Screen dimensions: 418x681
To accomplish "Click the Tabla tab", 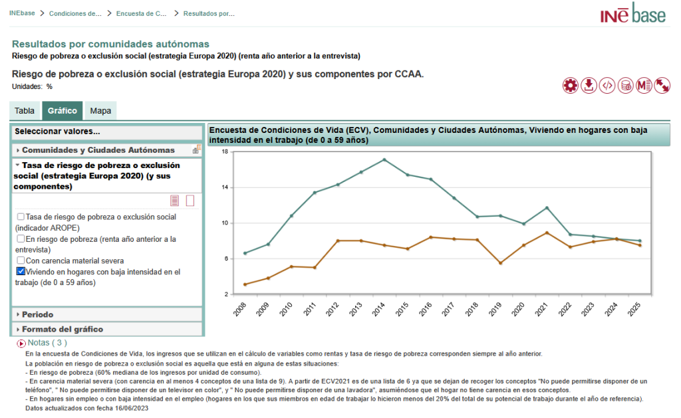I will click(25, 111).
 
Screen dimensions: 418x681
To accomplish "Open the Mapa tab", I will click(100, 111).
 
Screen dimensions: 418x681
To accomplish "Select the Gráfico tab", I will click(63, 111).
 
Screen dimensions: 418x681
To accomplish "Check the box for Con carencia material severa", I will click(21, 261).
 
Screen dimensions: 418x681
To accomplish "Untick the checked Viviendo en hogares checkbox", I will click(21, 272).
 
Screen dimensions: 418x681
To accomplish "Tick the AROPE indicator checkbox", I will click(21, 217).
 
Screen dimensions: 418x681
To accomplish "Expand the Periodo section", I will click(37, 314).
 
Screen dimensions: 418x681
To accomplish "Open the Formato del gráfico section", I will click(62, 329).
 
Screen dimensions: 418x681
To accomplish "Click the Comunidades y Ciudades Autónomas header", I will click(98, 150).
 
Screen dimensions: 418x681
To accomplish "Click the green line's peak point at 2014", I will click(384, 159).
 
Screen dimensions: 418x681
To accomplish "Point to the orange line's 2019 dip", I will click(500, 263).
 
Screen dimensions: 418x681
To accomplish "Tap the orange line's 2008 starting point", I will click(245, 284).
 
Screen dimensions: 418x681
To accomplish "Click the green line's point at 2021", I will click(547, 208).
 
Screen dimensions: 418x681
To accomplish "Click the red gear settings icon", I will click(570, 85).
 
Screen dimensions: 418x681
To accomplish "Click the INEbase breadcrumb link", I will click(23, 13).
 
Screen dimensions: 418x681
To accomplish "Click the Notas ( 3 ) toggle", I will click(42, 343).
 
